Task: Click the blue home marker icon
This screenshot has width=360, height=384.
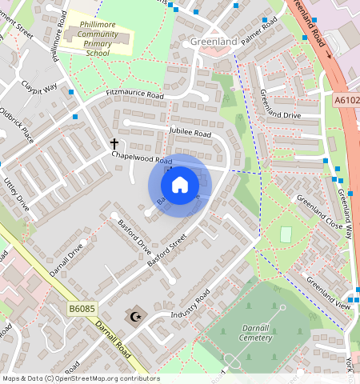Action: pyautogui.click(x=180, y=186)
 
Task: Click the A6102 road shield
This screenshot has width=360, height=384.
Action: pyautogui.click(x=346, y=100)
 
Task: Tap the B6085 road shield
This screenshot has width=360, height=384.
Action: pyautogui.click(x=83, y=307)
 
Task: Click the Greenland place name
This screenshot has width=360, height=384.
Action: pyautogui.click(x=214, y=41)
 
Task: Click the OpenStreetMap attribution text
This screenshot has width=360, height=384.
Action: pyautogui.click(x=80, y=378)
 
